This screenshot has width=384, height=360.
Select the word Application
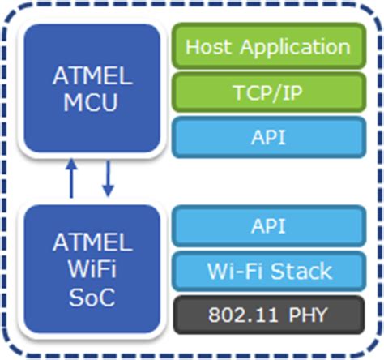(288, 47)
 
